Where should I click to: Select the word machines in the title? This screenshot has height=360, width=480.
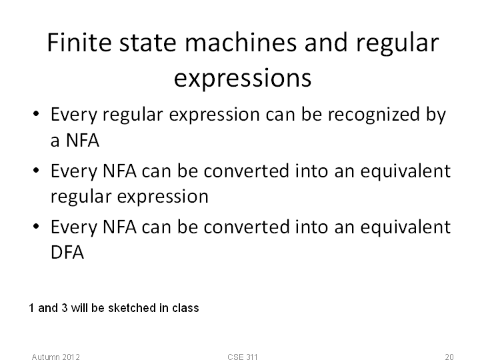point(241,43)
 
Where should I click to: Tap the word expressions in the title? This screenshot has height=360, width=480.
point(243,79)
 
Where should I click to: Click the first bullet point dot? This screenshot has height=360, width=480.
point(36,114)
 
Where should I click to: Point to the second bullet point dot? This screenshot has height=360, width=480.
point(36,170)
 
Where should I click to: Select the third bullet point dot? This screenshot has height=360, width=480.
point(36,227)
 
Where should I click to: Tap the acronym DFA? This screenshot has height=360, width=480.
point(67,253)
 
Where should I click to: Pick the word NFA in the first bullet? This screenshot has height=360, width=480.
point(83,141)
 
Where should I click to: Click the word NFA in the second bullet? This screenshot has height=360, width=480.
point(120,171)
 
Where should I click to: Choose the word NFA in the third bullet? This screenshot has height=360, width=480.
point(120,227)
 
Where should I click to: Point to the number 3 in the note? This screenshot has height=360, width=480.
point(64,308)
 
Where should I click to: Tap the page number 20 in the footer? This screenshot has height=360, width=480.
point(449,357)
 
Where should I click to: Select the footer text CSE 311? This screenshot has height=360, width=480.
point(243,357)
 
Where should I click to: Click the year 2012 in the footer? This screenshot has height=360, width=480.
point(71,357)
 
